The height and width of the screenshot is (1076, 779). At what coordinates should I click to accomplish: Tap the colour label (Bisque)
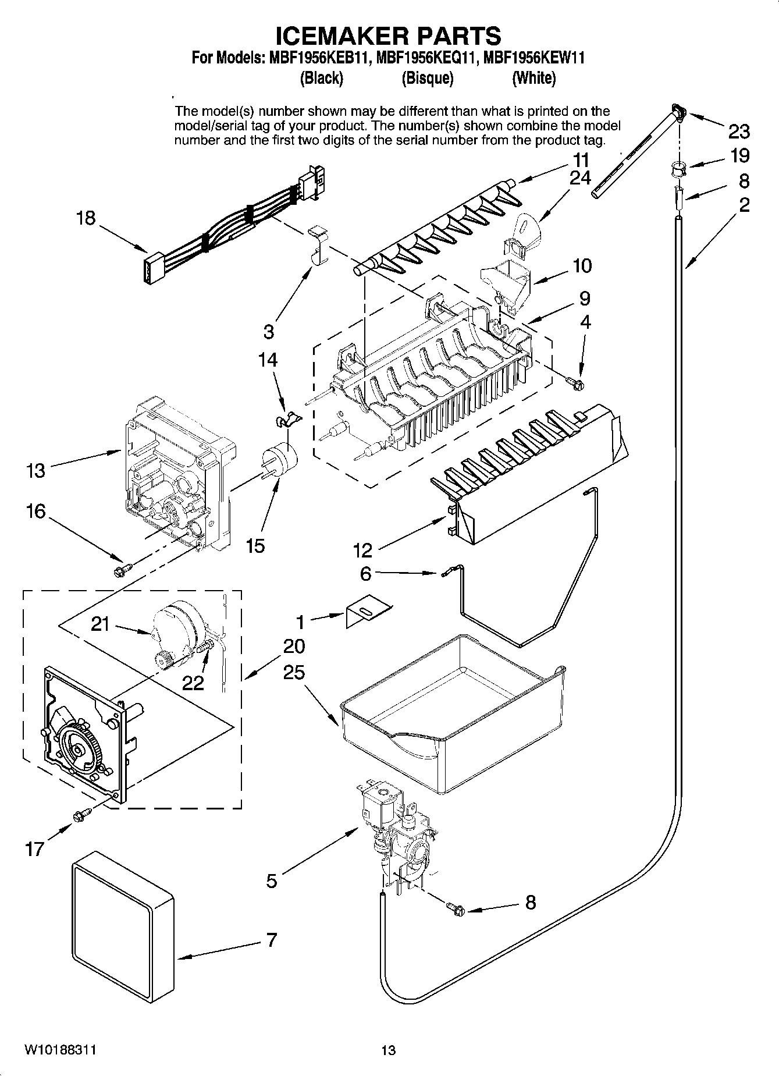427,78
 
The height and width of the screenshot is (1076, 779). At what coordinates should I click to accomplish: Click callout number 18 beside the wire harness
86,218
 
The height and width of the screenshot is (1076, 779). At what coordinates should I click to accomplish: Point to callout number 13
35,470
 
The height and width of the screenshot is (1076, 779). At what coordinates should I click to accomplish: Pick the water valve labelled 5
396,832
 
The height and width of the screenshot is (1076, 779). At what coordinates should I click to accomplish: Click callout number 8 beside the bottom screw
530,903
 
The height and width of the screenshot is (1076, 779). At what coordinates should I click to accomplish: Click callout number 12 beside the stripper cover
362,549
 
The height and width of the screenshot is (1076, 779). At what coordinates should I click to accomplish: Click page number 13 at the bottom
388,1050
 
